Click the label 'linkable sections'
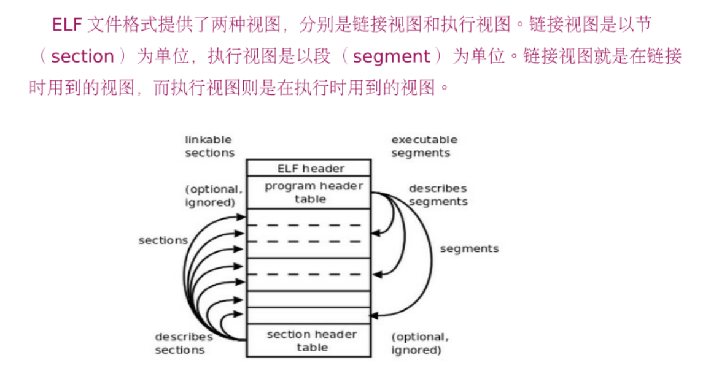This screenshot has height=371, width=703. [209, 147]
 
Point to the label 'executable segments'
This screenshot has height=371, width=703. [424, 147]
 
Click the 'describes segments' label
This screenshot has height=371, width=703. [438, 195]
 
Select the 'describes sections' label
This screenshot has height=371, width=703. [183, 343]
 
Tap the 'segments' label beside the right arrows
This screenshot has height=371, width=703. [469, 248]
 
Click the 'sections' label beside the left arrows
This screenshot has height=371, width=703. [163, 240]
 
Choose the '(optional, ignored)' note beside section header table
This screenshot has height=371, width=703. [420, 343]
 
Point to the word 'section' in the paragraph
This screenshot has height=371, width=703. [83, 57]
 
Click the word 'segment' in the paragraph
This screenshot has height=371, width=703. [392, 57]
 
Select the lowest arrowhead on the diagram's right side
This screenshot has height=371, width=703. [375, 315]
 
